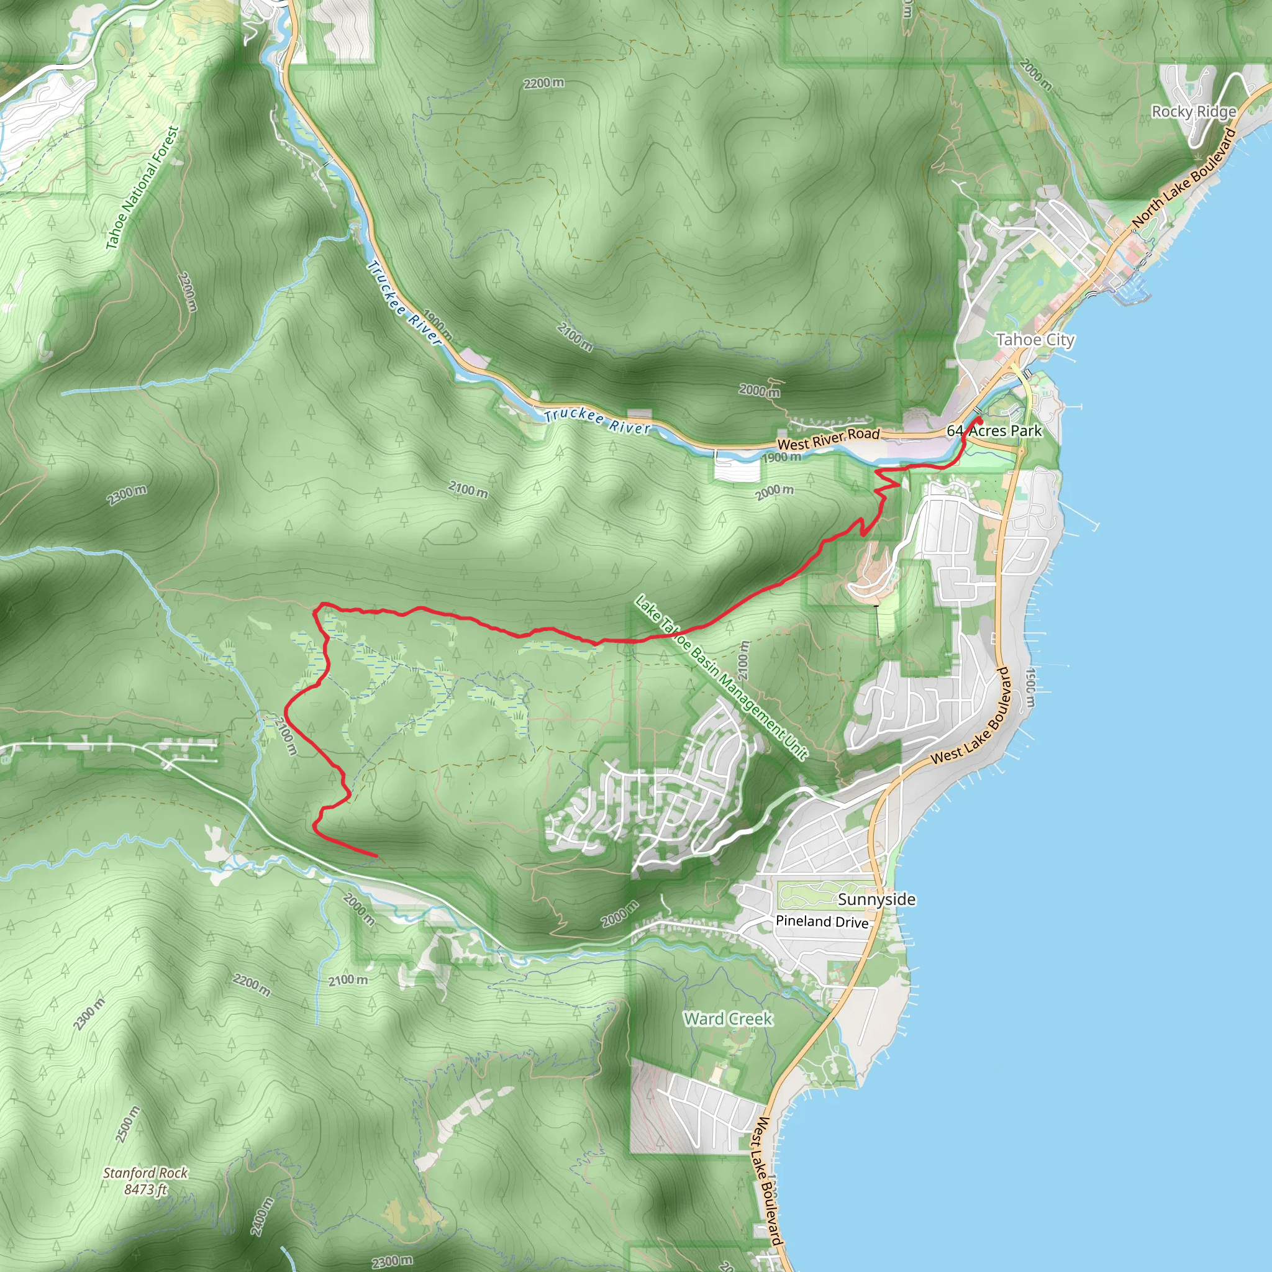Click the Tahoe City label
[1035, 340]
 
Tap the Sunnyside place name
[876, 899]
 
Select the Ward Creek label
[727, 1019]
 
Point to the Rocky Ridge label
[1194, 111]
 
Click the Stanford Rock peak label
[145, 1173]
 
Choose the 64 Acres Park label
[994, 430]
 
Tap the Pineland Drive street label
[822, 921]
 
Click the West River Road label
[829, 438]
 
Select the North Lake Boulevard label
[1184, 179]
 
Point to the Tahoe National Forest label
[142, 188]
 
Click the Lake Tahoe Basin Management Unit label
[721, 678]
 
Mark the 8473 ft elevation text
[145, 1189]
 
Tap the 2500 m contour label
[128, 1124]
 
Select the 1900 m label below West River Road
[781, 457]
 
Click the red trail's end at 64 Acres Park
[979, 419]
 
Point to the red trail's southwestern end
[376, 856]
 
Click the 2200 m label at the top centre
[544, 83]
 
